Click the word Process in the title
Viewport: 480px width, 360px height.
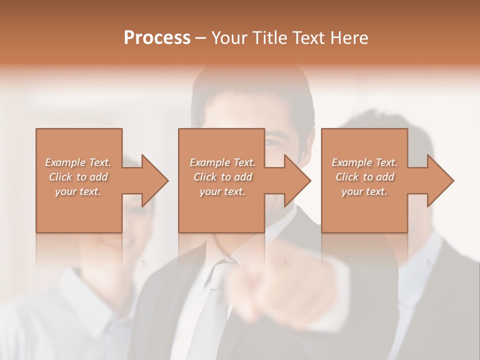coord(157,37)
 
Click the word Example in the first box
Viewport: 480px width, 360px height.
coord(64,162)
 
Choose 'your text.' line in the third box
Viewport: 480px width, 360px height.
coord(364,191)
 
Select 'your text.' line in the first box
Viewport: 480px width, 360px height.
coord(77,191)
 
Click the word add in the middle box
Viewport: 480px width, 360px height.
coord(242,177)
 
